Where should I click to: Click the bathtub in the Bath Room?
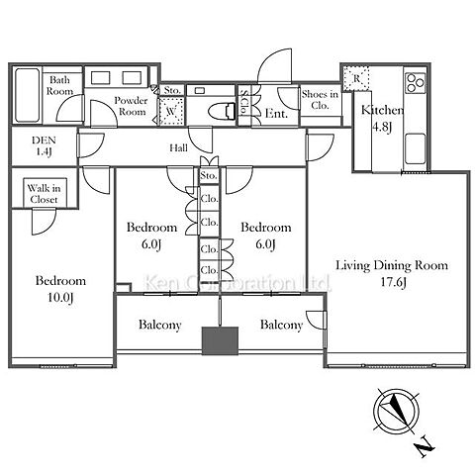click(28, 95)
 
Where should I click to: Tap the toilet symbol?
click(223, 110)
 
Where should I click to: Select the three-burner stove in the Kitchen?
click(416, 83)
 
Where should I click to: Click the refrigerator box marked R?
click(356, 78)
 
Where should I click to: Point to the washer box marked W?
click(171, 111)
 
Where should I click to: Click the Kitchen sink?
click(416, 148)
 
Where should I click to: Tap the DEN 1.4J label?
click(44, 145)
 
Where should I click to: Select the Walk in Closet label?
click(44, 194)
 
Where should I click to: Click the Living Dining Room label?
click(392, 265)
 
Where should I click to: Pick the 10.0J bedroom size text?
click(60, 298)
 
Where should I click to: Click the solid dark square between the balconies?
click(220, 340)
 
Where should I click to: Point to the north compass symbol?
click(397, 411)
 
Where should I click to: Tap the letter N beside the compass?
click(425, 447)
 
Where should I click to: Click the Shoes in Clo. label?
click(320, 100)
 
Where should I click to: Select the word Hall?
click(179, 147)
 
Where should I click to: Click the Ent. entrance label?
click(276, 114)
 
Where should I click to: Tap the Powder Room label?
click(132, 106)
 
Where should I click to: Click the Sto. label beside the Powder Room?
click(172, 90)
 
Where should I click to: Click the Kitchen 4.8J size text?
click(382, 127)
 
